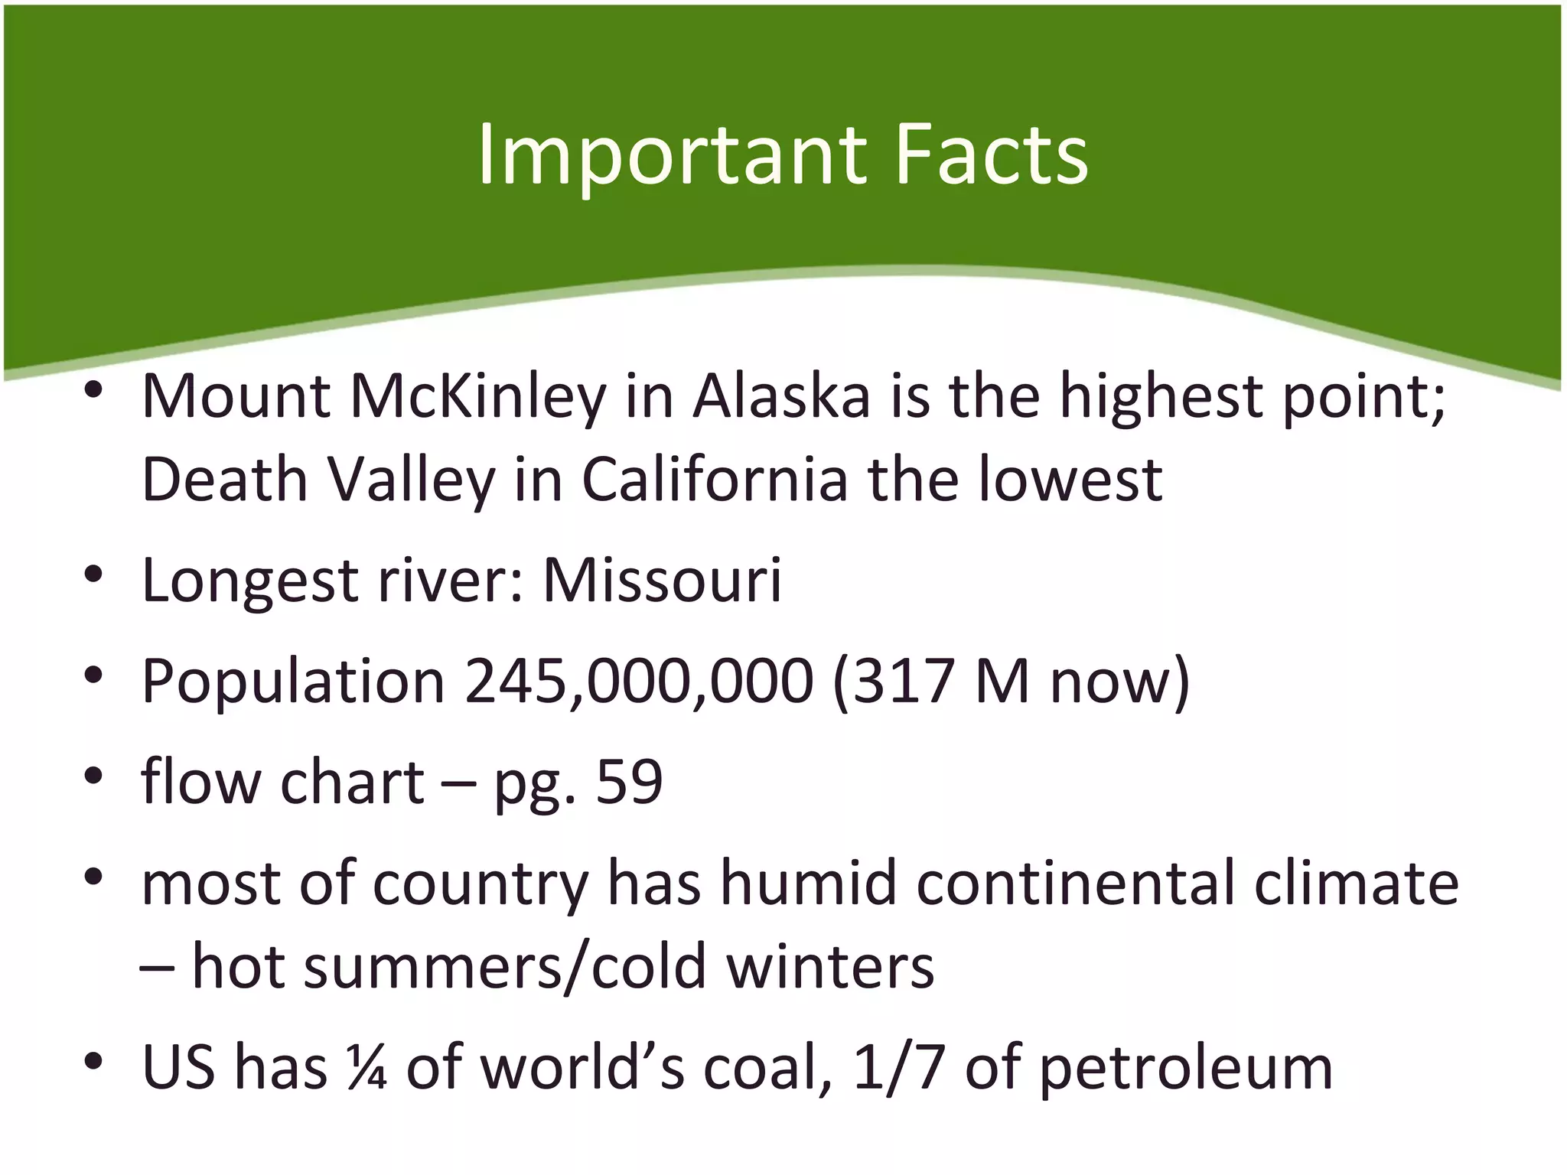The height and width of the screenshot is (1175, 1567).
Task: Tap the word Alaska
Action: pos(782,398)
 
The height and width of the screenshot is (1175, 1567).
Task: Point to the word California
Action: pos(715,480)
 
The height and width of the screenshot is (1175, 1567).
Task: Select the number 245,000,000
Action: pos(639,682)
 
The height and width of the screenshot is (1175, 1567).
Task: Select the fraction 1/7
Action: pos(898,1067)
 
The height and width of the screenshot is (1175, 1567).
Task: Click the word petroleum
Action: pos(1186,1069)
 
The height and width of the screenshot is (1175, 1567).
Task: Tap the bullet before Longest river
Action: pos(93,575)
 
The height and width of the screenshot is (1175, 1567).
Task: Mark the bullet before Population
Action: pos(93,676)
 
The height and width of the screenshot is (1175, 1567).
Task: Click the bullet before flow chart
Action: pos(93,777)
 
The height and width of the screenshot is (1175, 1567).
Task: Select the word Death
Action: pos(224,480)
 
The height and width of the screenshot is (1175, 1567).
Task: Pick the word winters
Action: pos(830,966)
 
